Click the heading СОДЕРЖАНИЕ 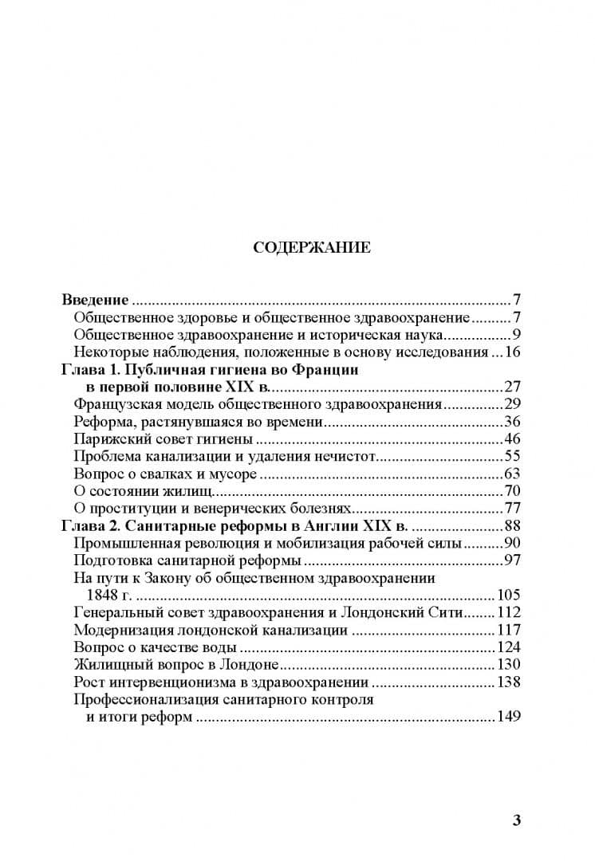click(311, 247)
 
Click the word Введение click(95, 301)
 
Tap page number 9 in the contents click(516, 334)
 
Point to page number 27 click(512, 387)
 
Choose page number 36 click(512, 422)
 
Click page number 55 click(512, 457)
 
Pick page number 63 click(512, 474)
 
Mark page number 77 click(512, 509)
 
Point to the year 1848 click(102, 596)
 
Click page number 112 click(509, 613)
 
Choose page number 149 click(509, 717)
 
